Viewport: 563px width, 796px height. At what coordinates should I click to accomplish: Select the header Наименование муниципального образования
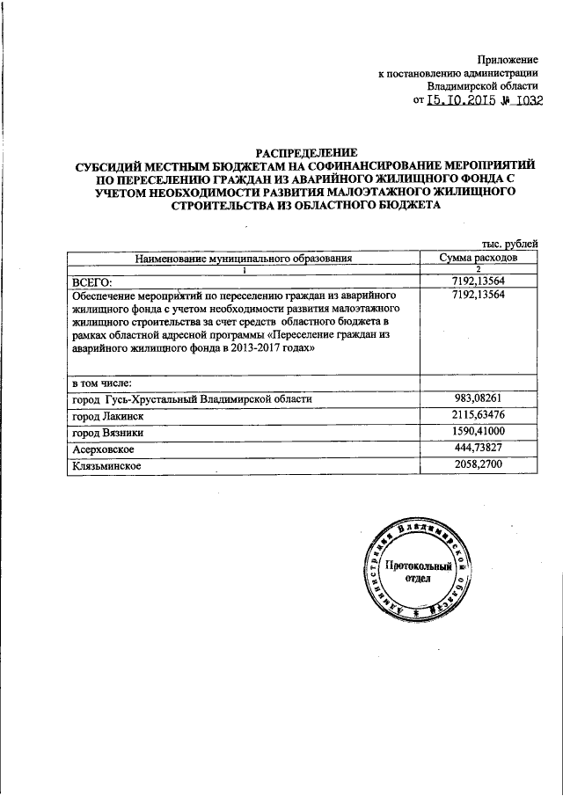coord(244,259)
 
